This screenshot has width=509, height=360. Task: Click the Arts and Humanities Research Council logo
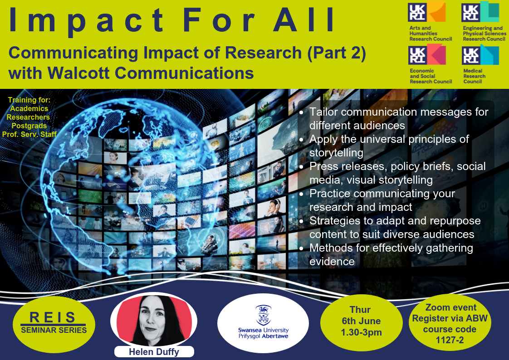point(430,21)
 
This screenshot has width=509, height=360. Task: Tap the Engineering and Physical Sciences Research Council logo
point(484,21)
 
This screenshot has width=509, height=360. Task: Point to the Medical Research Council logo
point(480,64)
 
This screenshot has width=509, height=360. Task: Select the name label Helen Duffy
point(154,352)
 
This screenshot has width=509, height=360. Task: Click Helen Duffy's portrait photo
point(154,320)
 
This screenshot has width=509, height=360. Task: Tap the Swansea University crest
point(263,315)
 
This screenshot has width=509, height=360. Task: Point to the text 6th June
point(361,321)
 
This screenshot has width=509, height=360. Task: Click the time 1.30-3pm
point(361,332)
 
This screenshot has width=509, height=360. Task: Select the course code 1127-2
point(450,340)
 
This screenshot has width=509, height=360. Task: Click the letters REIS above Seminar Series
point(53,317)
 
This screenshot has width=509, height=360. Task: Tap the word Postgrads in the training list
point(29,126)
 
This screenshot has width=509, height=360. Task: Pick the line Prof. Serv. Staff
point(29,134)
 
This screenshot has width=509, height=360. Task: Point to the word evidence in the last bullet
point(332,262)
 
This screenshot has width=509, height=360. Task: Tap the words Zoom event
point(451,307)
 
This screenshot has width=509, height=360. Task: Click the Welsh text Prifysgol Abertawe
point(263,336)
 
